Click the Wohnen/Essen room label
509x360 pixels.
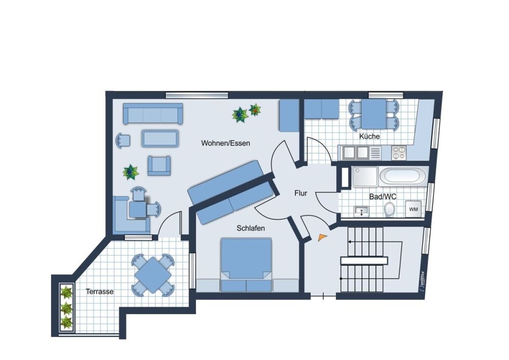click(x=225, y=143)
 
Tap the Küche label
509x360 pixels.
click(x=370, y=136)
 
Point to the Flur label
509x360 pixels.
click(x=301, y=193)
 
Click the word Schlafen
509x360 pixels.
click(x=250, y=228)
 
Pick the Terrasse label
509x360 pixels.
click(x=100, y=291)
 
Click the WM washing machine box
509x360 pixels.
click(x=413, y=209)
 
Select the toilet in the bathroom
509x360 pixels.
click(x=389, y=209)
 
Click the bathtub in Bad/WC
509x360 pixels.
click(x=403, y=177)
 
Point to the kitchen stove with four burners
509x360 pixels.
click(x=399, y=153)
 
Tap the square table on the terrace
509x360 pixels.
click(x=153, y=275)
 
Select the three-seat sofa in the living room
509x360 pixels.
click(x=153, y=114)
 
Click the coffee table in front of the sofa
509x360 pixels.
click(x=160, y=139)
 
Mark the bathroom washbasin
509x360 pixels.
click(x=361, y=211)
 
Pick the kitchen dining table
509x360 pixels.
click(x=374, y=114)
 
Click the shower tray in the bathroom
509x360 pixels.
click(x=365, y=177)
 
